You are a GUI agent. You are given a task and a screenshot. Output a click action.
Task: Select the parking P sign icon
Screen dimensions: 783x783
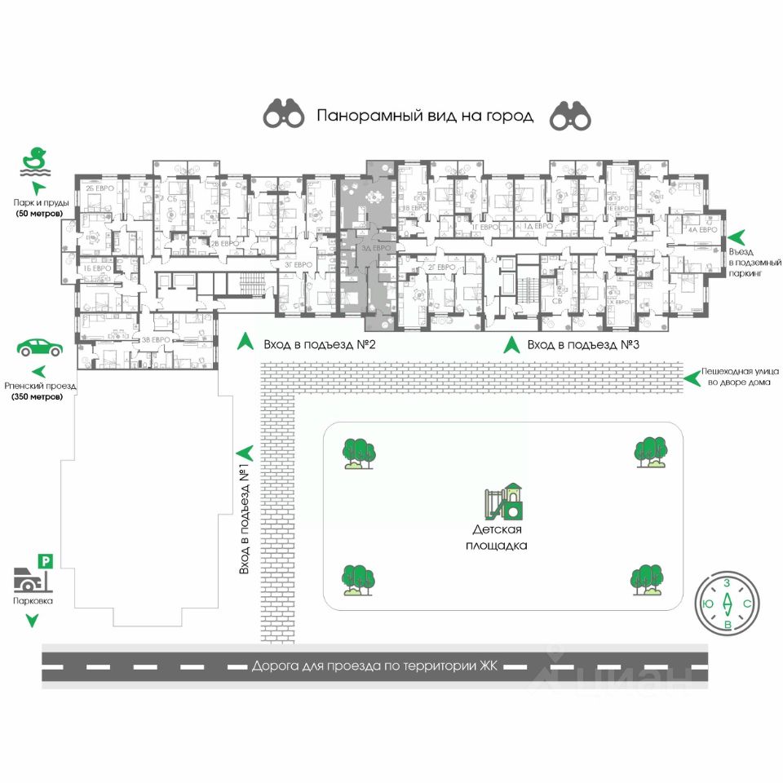[x=46, y=560]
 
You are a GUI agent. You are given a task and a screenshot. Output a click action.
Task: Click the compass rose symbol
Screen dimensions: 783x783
[x=727, y=604]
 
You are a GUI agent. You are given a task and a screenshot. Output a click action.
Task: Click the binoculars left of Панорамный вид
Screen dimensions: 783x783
[x=283, y=116]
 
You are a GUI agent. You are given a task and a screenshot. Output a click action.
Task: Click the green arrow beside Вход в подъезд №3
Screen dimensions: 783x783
[x=511, y=344]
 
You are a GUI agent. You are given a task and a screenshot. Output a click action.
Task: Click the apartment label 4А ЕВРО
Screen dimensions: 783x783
[x=702, y=230]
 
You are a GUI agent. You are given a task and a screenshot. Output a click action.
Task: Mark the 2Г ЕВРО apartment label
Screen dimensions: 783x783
[x=440, y=267]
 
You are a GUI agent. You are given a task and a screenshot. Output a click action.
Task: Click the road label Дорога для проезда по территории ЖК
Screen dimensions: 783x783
[x=374, y=666]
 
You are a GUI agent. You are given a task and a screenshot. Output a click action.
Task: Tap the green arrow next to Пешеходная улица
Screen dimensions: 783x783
[x=692, y=377]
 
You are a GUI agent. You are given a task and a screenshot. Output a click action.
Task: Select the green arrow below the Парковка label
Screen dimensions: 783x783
[x=32, y=622]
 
